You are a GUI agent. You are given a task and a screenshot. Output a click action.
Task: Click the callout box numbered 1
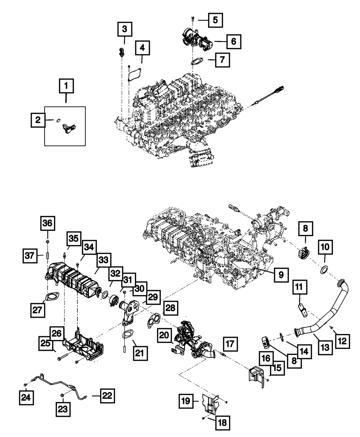point(66,86)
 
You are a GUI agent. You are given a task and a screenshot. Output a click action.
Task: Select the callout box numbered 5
point(215,19)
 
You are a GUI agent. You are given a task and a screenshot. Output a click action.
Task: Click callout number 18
point(222,423)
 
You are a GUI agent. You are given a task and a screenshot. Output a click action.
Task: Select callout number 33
point(103,260)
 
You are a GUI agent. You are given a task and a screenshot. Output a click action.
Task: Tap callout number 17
point(230,344)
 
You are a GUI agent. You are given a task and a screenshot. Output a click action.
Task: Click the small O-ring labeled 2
point(57,121)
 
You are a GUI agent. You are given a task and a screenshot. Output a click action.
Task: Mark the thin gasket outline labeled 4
point(135,74)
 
